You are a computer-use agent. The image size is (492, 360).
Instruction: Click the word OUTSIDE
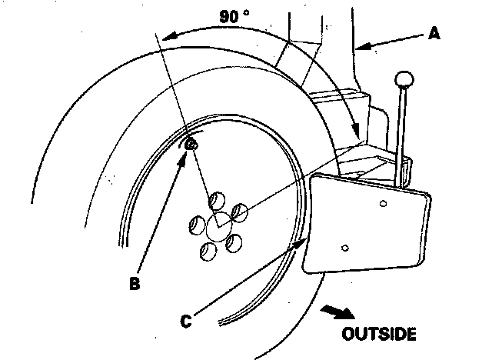click(x=379, y=334)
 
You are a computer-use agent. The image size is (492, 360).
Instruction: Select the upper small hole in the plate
click(x=381, y=203)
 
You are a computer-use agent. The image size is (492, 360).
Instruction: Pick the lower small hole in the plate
click(x=345, y=248)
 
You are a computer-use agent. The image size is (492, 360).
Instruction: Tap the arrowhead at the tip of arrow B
click(x=185, y=152)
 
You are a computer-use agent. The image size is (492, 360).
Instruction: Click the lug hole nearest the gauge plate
click(x=239, y=211)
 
